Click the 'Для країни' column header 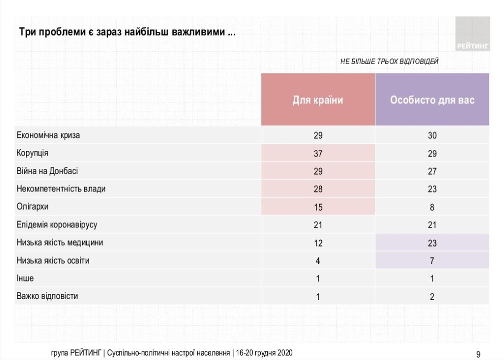tap(318, 100)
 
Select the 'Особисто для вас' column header tap(432, 100)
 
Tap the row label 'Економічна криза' tap(48, 135)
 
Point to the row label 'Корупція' tap(33, 153)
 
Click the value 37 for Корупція tap(318, 153)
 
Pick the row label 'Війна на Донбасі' tap(47, 171)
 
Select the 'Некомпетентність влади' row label tap(61, 189)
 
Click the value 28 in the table tap(318, 189)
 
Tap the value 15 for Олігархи tap(318, 207)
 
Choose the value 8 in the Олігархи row tap(432, 207)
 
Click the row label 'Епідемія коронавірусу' tap(57, 225)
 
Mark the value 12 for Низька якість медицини tap(318, 243)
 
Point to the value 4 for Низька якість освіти tap(318, 261)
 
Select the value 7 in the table tap(432, 261)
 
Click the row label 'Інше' tap(26, 278)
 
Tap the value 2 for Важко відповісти tap(432, 296)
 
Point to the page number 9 tap(478, 354)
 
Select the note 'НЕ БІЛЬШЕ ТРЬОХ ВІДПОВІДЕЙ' tap(389, 61)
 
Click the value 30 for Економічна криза tap(432, 135)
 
